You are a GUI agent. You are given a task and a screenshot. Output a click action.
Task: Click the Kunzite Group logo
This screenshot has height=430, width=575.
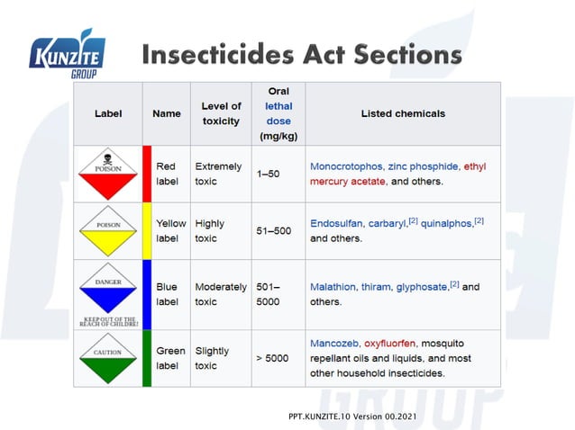tap(69, 58)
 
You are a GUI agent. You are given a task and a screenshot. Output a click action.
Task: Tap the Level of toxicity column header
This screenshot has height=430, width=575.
tap(221, 113)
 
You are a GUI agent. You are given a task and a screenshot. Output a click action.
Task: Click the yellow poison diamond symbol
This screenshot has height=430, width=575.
tap(107, 231)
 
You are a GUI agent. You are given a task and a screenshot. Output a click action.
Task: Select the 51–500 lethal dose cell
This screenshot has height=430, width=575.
tap(274, 231)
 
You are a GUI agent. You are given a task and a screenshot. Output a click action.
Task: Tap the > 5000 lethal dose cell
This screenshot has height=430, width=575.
tap(271, 358)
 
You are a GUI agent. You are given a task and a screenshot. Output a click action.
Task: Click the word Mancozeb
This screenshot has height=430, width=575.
tap(334, 344)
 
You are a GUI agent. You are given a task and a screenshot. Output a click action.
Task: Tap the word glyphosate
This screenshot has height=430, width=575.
tap(422, 287)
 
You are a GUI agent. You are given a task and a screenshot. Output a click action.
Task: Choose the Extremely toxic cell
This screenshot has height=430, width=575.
tap(217, 174)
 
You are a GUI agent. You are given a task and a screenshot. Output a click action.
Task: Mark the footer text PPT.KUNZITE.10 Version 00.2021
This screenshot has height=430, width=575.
tap(353, 417)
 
